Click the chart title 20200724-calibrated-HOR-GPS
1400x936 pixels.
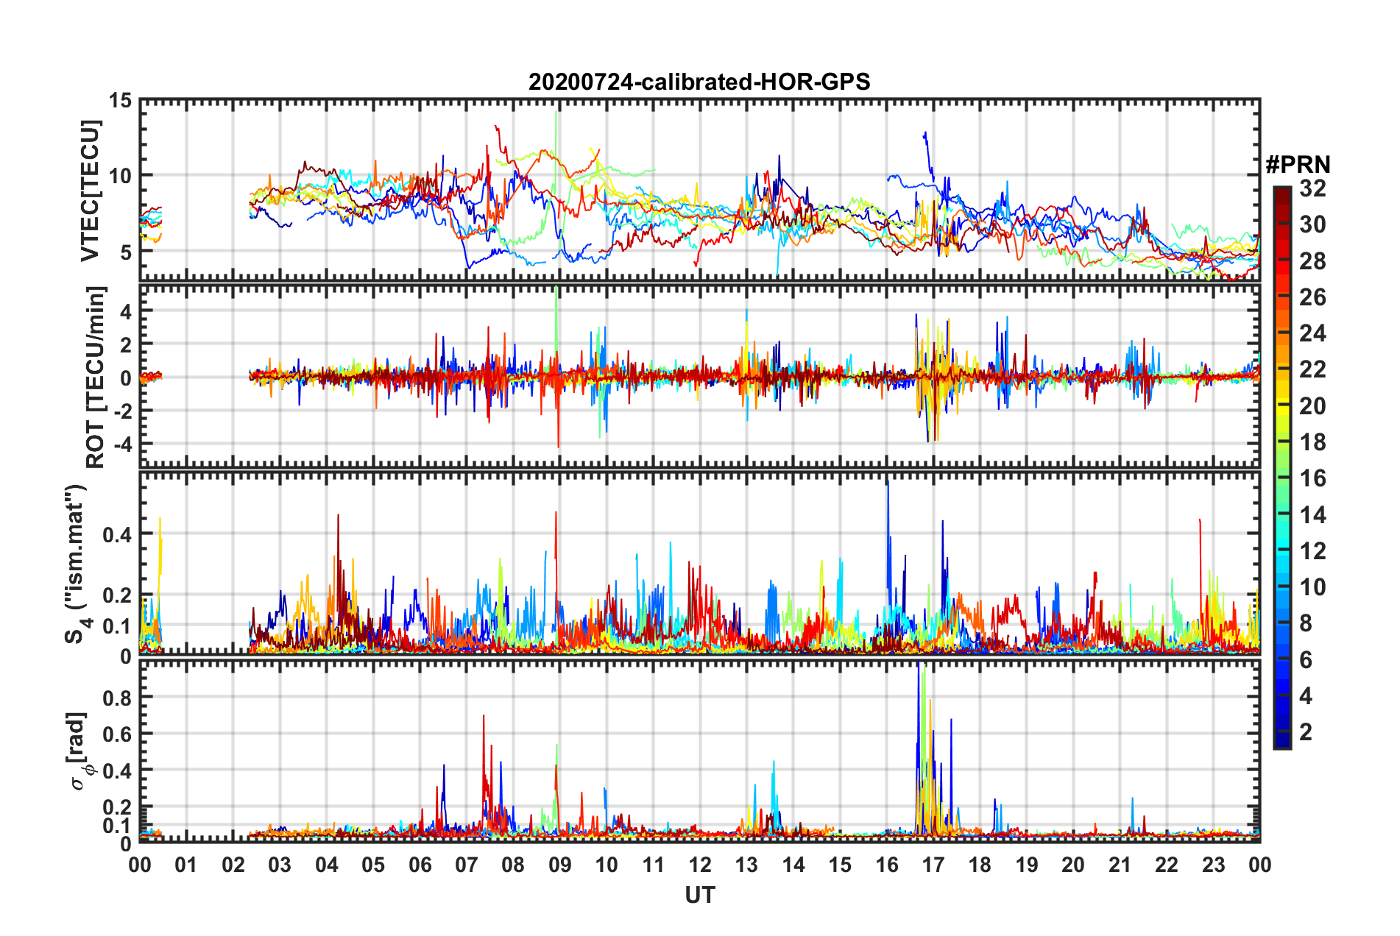699,82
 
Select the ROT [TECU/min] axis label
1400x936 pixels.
96,377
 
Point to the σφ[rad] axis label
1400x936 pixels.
79,751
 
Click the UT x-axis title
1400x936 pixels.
699,895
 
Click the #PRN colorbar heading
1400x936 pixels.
1298,165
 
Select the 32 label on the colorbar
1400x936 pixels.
1312,188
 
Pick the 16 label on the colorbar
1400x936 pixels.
1312,478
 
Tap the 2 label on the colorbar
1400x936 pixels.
1306,731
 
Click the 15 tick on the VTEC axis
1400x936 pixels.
121,100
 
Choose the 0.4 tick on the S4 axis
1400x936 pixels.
118,534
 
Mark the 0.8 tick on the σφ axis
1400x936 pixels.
118,698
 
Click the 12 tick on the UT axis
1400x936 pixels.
700,865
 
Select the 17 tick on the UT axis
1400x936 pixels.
933,865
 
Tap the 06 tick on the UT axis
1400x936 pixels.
420,865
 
